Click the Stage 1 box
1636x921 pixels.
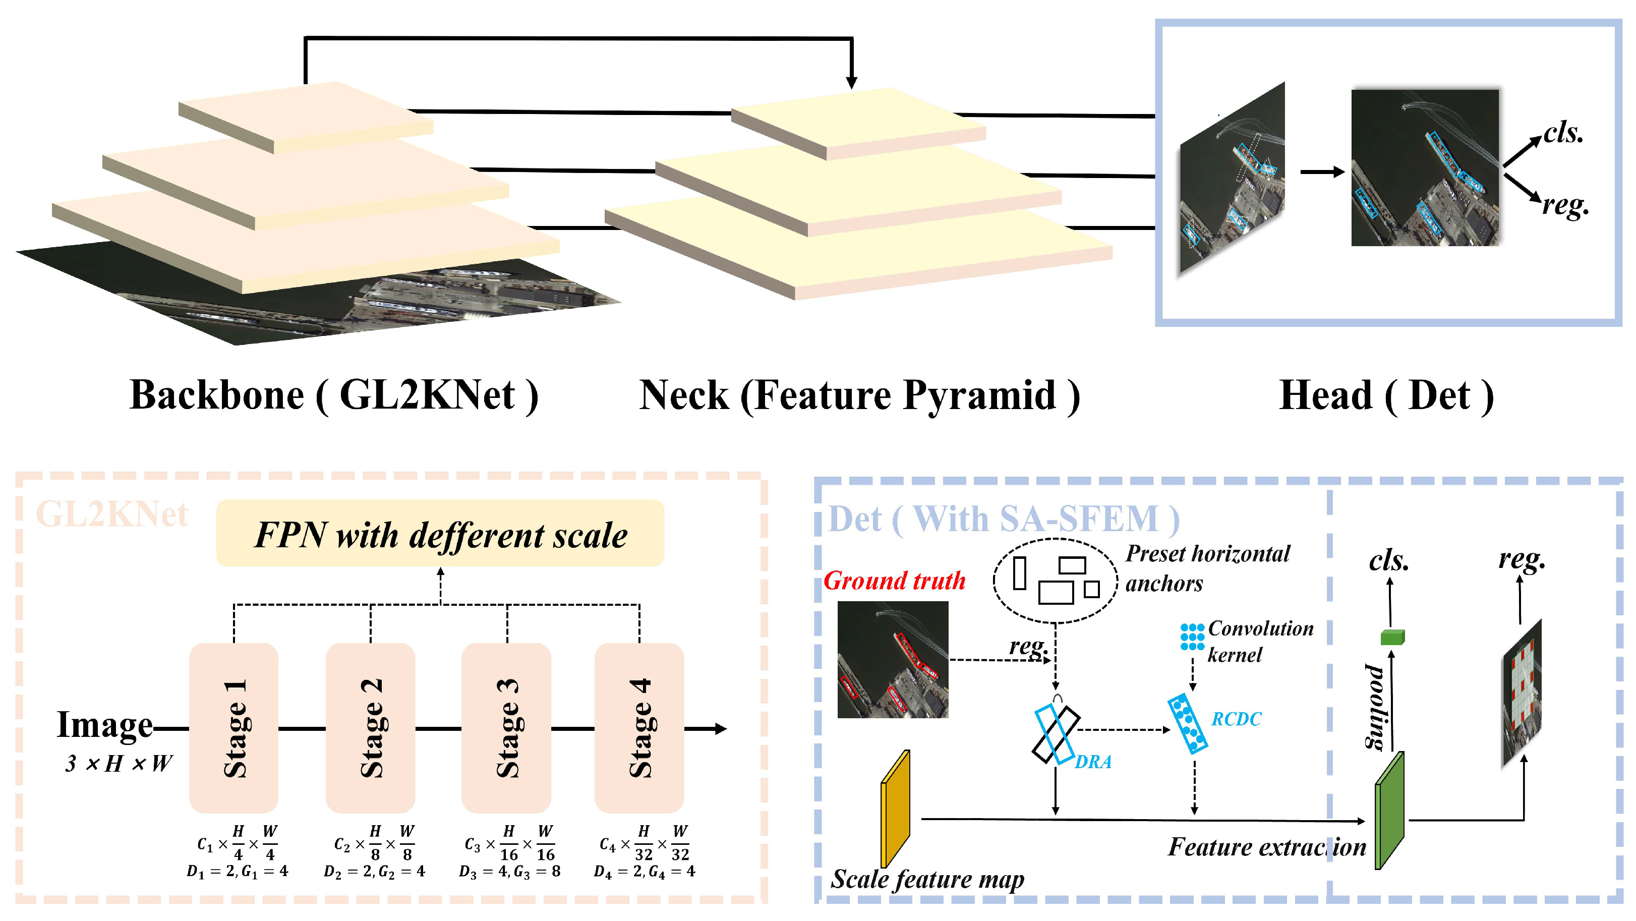[x=233, y=727]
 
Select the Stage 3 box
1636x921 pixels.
[x=506, y=727]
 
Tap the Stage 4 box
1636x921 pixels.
[x=639, y=727]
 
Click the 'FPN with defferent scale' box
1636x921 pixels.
[x=440, y=534]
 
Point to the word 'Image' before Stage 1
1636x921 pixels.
[x=105, y=724]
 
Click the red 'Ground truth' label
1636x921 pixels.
[x=894, y=581]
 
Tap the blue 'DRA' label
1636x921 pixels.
[x=1093, y=762]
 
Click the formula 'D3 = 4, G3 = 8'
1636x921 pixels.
[x=509, y=872]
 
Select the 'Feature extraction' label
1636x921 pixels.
[x=1266, y=847]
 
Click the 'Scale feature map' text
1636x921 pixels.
[x=927, y=879]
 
